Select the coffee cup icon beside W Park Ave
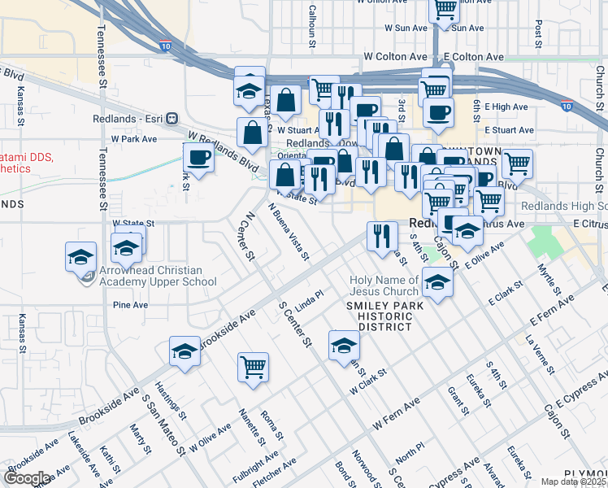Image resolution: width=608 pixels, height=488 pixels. pos(198,156)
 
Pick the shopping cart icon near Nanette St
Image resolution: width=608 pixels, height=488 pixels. pos(253,367)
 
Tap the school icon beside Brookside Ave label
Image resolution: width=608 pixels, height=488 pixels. pos(185,351)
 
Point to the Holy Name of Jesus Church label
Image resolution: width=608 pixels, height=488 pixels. pos(384,285)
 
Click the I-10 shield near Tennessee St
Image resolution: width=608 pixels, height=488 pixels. pos(165,48)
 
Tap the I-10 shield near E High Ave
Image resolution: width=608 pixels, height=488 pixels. pos(567,106)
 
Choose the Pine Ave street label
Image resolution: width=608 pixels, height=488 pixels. pos(130,305)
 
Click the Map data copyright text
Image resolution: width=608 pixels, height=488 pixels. pos(572,481)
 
